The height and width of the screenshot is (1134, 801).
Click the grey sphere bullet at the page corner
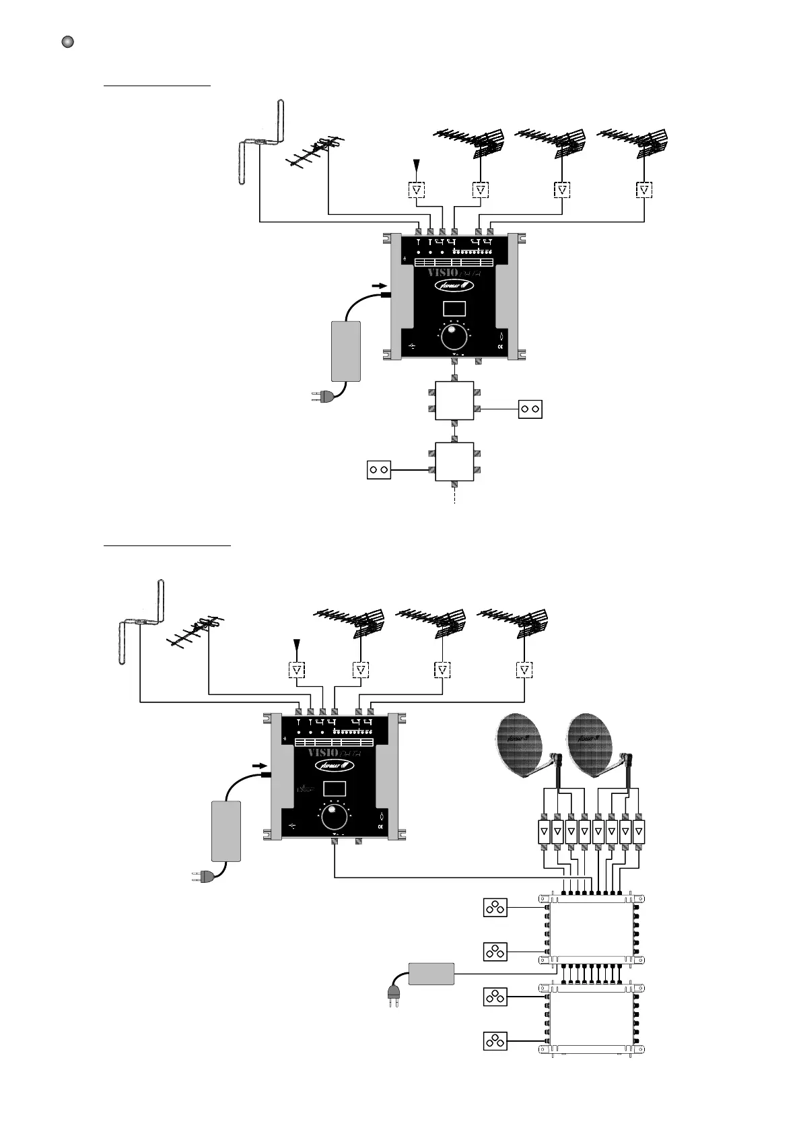click(x=67, y=42)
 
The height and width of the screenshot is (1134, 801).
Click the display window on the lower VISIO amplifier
click(x=335, y=789)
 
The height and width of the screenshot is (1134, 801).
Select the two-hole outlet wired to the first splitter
click(x=530, y=409)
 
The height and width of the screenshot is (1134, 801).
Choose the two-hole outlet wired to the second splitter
click(x=379, y=469)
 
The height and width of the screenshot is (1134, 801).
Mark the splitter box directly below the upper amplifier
click(x=455, y=401)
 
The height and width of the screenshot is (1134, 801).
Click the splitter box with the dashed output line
click(x=455, y=461)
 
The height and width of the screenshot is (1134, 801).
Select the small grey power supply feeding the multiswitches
click(x=432, y=974)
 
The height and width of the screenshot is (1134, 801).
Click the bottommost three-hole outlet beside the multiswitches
click(x=495, y=1041)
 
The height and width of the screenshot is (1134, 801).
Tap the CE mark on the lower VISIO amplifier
click(x=380, y=826)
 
